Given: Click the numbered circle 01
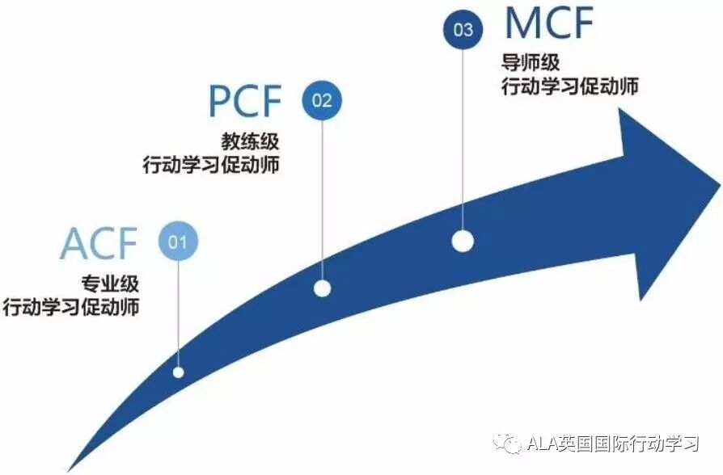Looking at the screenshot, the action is pyautogui.click(x=178, y=241).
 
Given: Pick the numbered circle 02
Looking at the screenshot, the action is pyautogui.click(x=322, y=101).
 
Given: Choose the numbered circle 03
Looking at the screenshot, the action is pyautogui.click(x=463, y=30).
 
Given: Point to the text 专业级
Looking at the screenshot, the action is pyautogui.click(x=110, y=284).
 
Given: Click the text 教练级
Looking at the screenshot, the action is pyautogui.click(x=251, y=142).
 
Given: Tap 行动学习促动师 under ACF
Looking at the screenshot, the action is pyautogui.click(x=71, y=308).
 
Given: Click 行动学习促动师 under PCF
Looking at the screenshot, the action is pyautogui.click(x=212, y=166).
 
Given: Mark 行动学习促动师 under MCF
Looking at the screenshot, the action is pyautogui.click(x=569, y=86).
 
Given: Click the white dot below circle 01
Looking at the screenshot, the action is pyautogui.click(x=178, y=372).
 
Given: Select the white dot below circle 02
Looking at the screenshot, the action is pyautogui.click(x=322, y=288).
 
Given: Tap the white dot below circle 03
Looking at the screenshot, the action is pyautogui.click(x=463, y=241).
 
